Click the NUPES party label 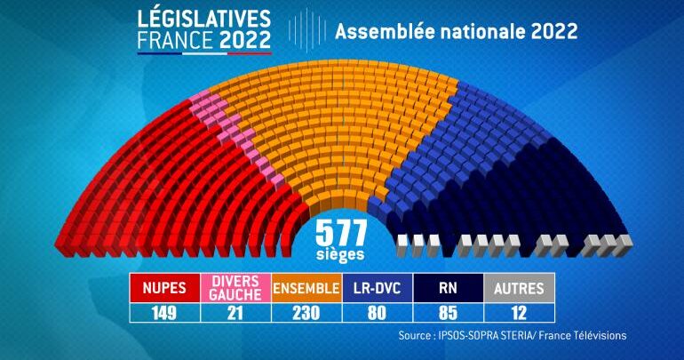(165, 288)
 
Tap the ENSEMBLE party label (306, 288)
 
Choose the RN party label (448, 288)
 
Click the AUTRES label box (519, 288)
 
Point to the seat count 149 (165, 312)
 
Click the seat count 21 (235, 312)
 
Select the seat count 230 (306, 312)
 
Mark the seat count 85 (448, 312)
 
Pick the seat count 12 (519, 312)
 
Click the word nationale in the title (481, 31)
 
